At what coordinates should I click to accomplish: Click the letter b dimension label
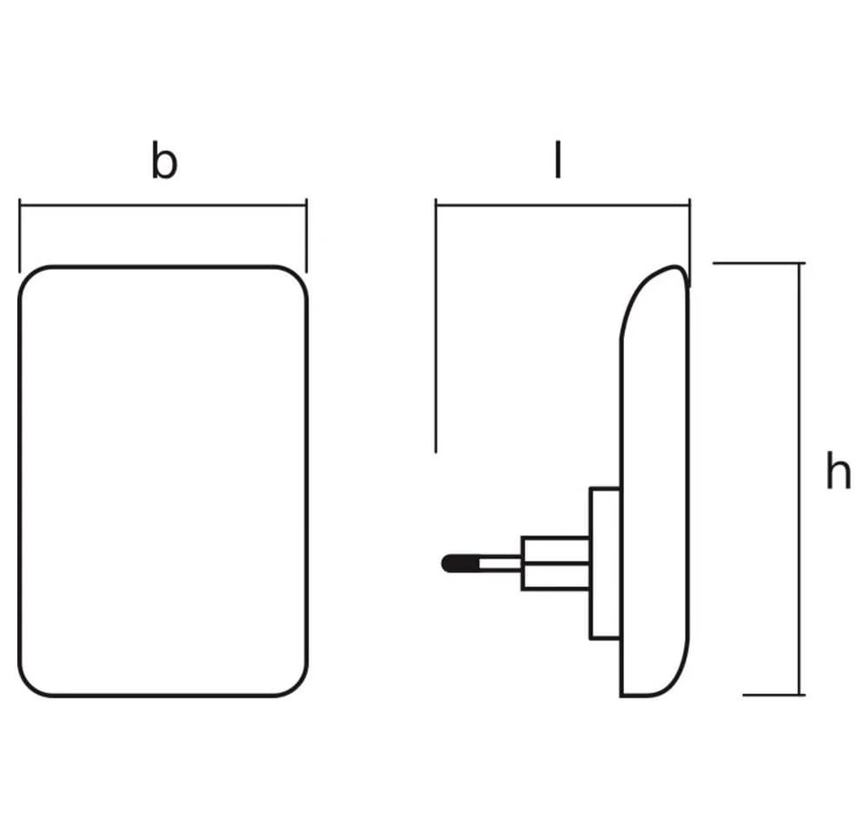point(164,161)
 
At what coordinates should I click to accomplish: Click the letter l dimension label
point(558,160)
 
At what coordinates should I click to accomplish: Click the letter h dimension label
point(838,470)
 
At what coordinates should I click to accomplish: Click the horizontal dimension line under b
point(163,206)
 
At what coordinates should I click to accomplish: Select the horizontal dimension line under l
point(562,206)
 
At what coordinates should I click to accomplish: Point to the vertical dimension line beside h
point(799,479)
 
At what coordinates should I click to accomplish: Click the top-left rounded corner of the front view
point(30,278)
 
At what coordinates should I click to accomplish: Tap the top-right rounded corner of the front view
point(297,277)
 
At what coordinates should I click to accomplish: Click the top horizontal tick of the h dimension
point(759,263)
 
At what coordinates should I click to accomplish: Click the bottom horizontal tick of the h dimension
point(774,695)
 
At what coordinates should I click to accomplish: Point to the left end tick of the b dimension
point(19,236)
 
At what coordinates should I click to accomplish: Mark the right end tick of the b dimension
point(306,236)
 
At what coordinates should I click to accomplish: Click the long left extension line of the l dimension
point(436,325)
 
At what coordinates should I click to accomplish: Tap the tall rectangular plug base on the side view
point(605,563)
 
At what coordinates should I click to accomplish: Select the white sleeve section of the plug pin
point(500,563)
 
